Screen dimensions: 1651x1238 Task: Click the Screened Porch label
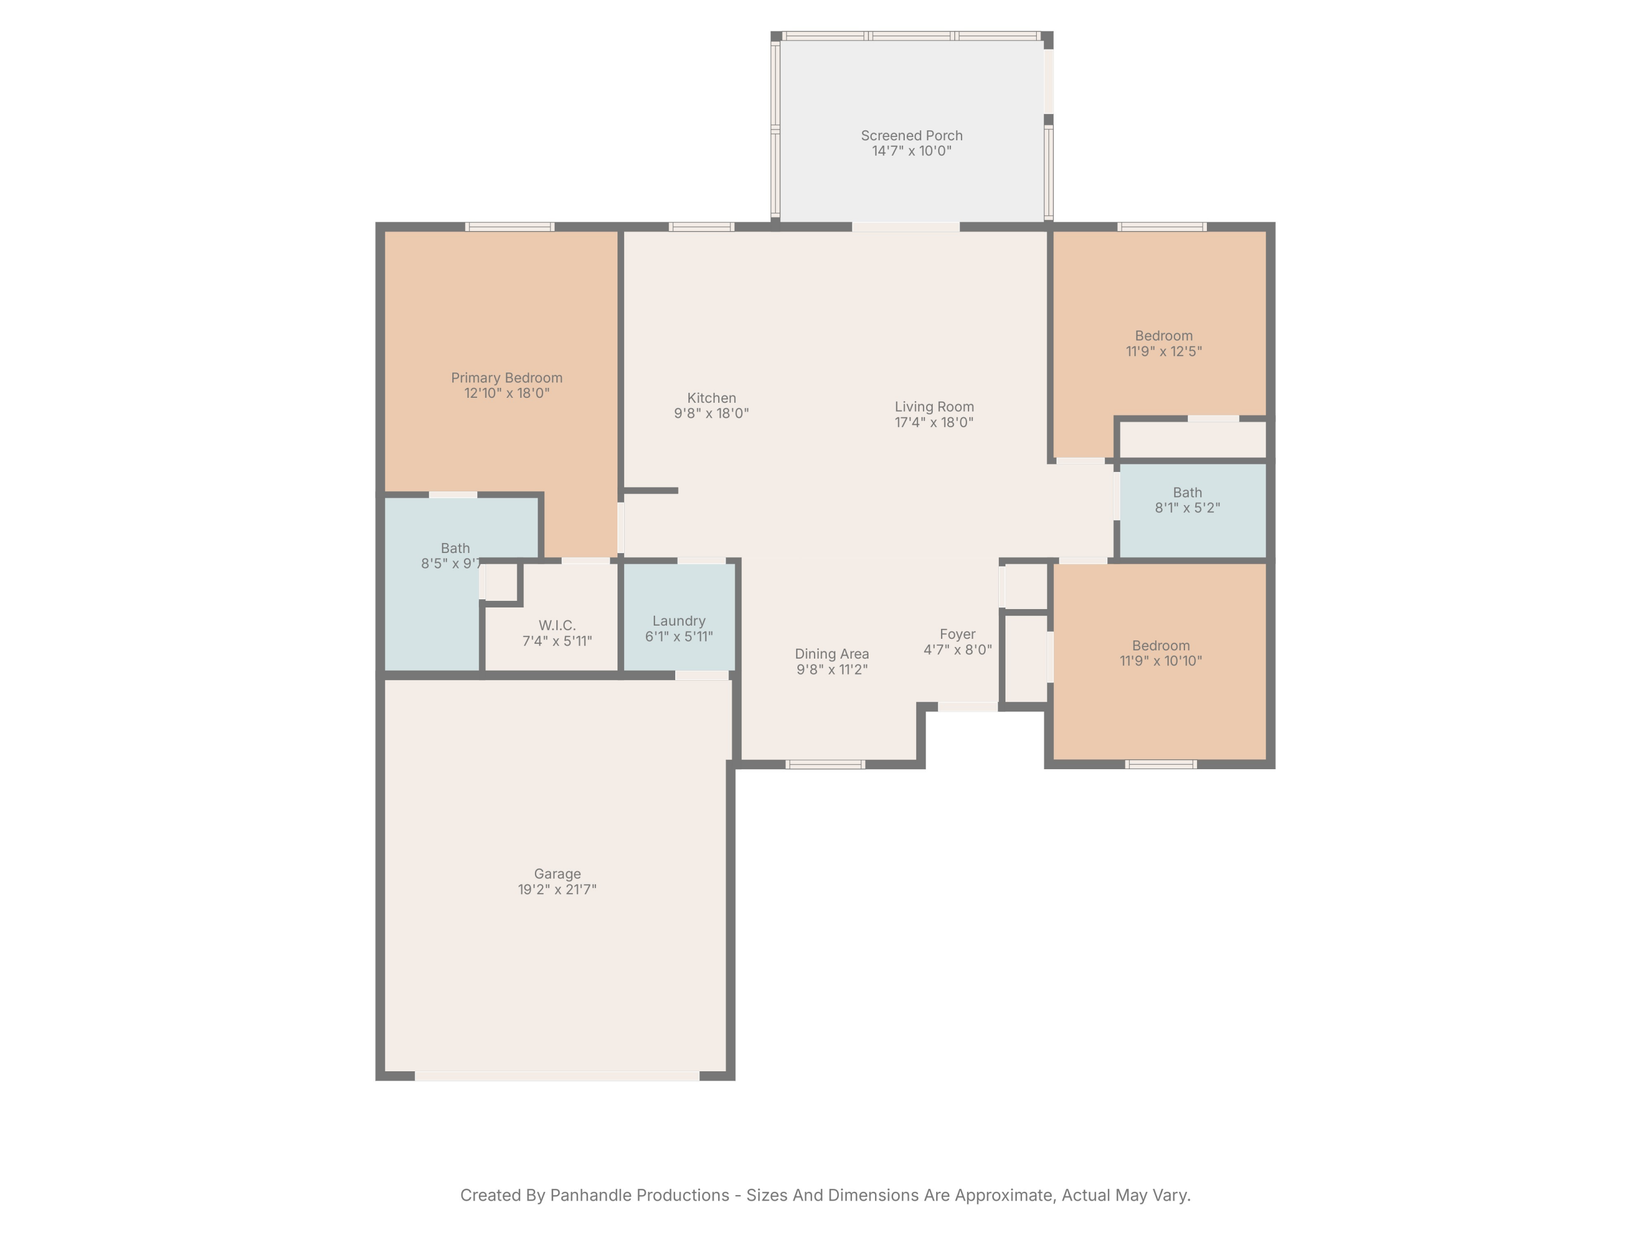(911, 136)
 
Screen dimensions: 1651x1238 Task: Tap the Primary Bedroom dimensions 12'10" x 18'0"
(507, 393)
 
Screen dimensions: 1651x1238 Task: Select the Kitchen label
(711, 398)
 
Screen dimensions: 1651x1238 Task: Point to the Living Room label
(934, 407)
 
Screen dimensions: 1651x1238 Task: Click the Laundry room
(679, 616)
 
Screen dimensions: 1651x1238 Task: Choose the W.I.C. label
(557, 626)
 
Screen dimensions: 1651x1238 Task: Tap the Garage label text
(557, 874)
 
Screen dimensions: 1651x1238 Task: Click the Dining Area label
(832, 654)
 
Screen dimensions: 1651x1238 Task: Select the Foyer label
(958, 634)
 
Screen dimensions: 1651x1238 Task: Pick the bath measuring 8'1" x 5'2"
(1193, 511)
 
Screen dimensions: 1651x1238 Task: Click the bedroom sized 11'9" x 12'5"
(1159, 328)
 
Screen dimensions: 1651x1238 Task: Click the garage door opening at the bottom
(557, 1076)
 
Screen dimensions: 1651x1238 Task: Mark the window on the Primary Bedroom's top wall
(510, 227)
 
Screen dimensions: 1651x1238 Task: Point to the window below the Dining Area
(825, 764)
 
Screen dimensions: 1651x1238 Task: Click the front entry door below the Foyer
(968, 706)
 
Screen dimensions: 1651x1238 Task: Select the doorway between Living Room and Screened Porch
(905, 227)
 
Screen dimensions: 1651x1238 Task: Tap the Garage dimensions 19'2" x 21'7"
(557, 890)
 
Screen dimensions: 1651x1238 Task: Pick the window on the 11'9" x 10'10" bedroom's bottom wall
(1161, 764)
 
